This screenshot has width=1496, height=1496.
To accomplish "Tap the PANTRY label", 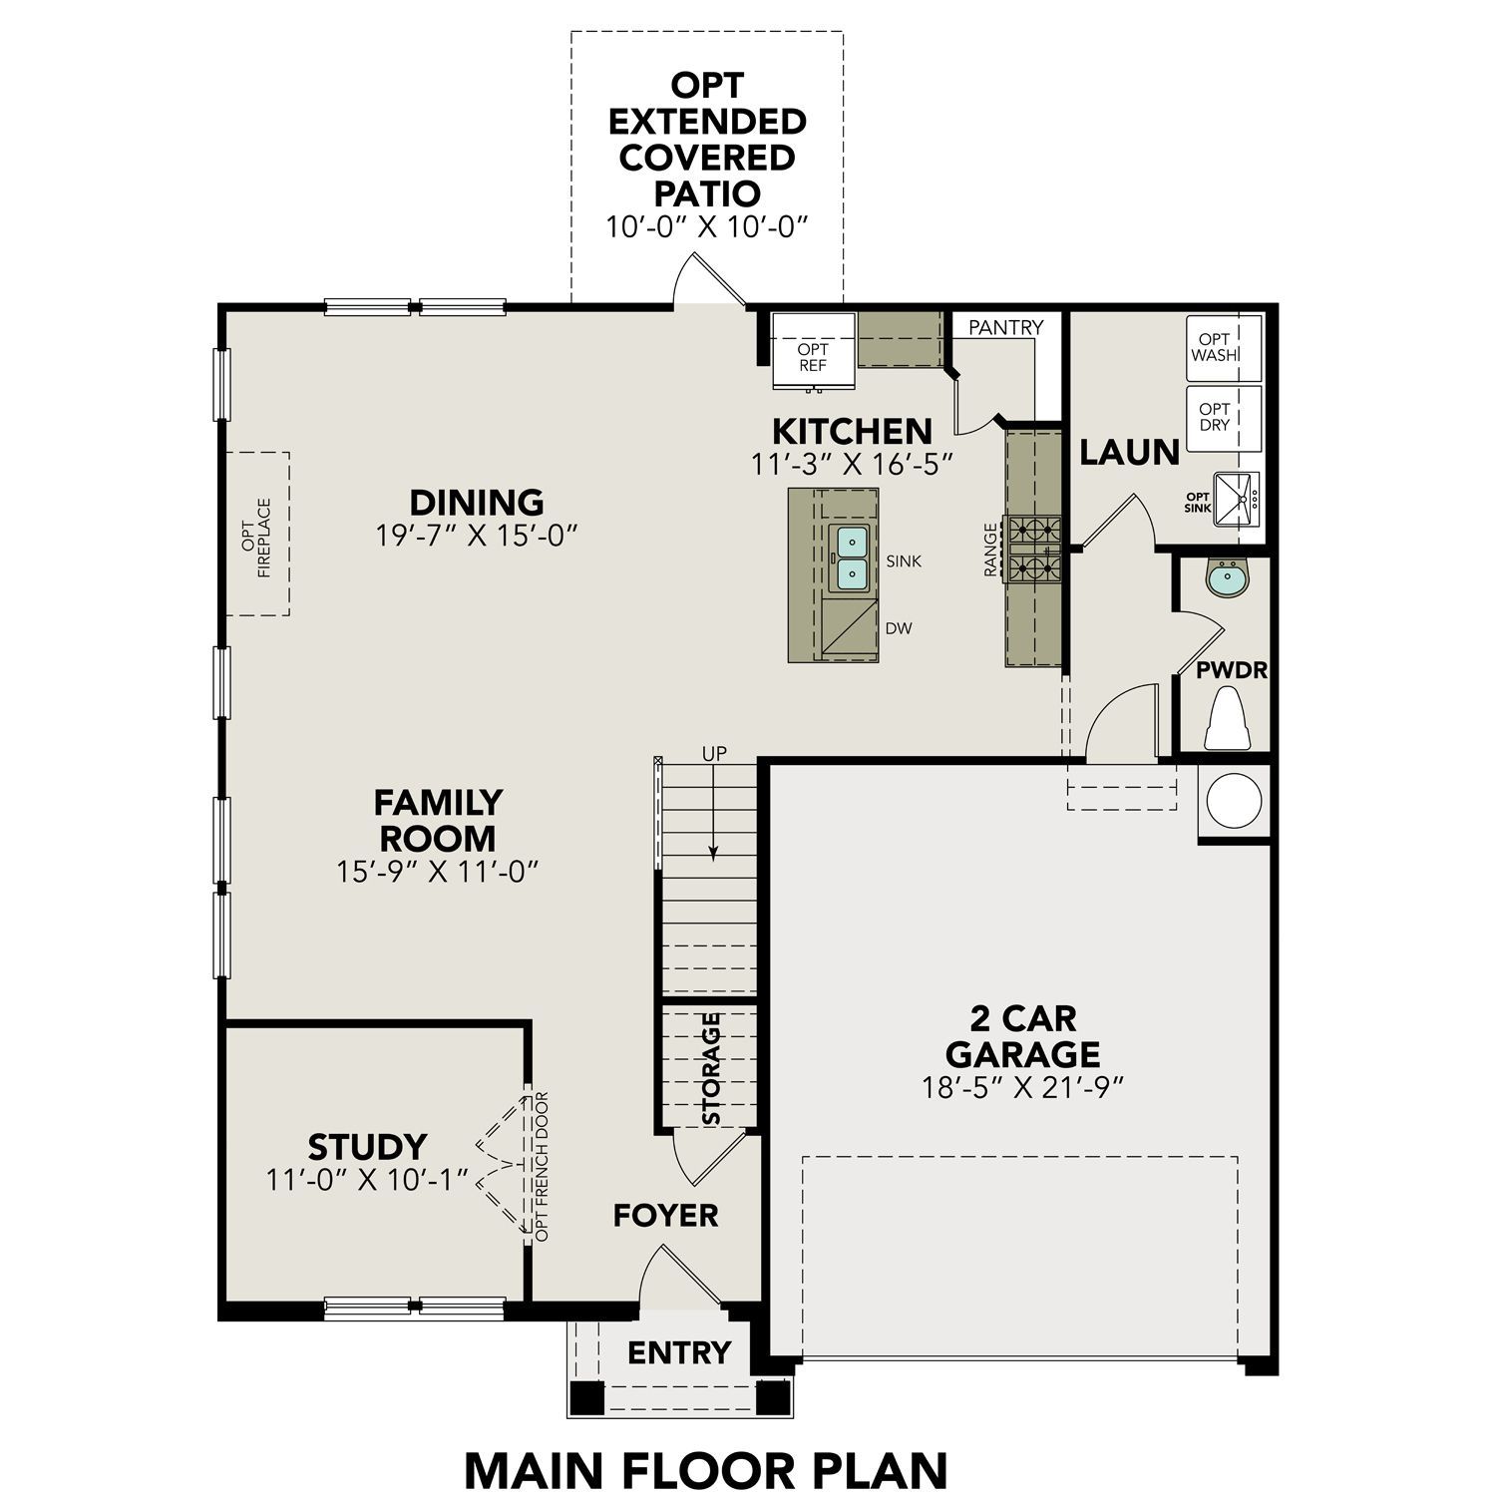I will tap(1005, 327).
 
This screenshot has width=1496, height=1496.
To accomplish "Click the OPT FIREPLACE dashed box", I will tap(257, 533).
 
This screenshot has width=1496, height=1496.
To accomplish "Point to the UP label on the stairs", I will tap(714, 754).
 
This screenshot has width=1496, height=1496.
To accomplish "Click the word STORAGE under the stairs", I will tap(712, 1068).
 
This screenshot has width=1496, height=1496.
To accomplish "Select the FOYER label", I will tap(665, 1215).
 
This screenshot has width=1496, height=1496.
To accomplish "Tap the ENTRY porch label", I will tap(679, 1352).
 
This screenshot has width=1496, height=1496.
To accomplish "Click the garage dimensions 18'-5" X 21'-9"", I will tap(1023, 1087).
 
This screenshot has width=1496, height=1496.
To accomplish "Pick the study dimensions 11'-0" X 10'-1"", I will tap(367, 1180).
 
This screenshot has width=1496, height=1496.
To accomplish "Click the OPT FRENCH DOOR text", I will tap(542, 1167).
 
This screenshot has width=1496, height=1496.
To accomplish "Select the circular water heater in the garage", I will tap(1234, 800).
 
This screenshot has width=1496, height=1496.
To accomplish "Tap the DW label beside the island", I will tap(899, 628).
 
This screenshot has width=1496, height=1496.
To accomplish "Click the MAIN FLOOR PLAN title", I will tap(706, 1470).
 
